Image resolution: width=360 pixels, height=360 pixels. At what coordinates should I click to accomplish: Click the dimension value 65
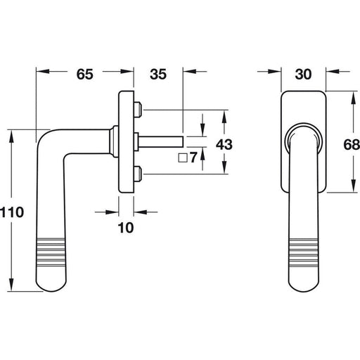coord(85,74)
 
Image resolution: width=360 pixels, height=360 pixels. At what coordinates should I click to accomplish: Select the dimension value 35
coord(158,74)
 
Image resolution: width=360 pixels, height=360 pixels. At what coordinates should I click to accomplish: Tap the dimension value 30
coord(303,74)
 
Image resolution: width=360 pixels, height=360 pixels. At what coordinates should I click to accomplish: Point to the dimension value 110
coord(12,212)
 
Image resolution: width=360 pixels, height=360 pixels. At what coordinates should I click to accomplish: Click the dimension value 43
coord(224,144)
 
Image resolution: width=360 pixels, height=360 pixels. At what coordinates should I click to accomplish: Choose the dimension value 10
coord(126,228)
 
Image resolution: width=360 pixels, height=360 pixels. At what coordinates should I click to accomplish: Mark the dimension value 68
coord(352,144)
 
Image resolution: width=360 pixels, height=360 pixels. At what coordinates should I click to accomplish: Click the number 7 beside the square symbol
coord(193,157)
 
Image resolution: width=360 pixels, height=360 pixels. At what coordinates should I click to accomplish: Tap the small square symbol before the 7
coord(183,157)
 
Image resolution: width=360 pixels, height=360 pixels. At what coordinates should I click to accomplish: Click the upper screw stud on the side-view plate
coord(138,110)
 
